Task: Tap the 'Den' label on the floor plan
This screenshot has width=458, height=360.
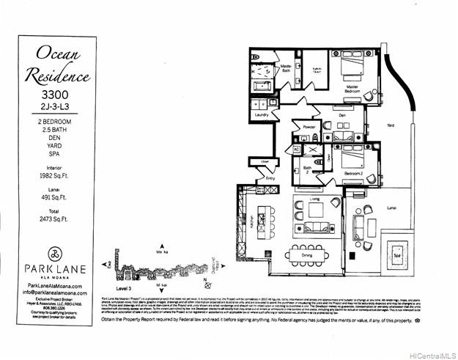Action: pyautogui.click(x=341, y=115)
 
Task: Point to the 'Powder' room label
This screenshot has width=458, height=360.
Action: pyautogui.click(x=309, y=126)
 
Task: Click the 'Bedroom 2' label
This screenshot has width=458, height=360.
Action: pyautogui.click(x=355, y=173)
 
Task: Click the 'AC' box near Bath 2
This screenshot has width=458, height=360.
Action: pyautogui.click(x=297, y=149)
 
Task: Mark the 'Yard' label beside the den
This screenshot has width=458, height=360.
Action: pyautogui.click(x=391, y=126)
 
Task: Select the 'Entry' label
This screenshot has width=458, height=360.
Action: pyautogui.click(x=270, y=178)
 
